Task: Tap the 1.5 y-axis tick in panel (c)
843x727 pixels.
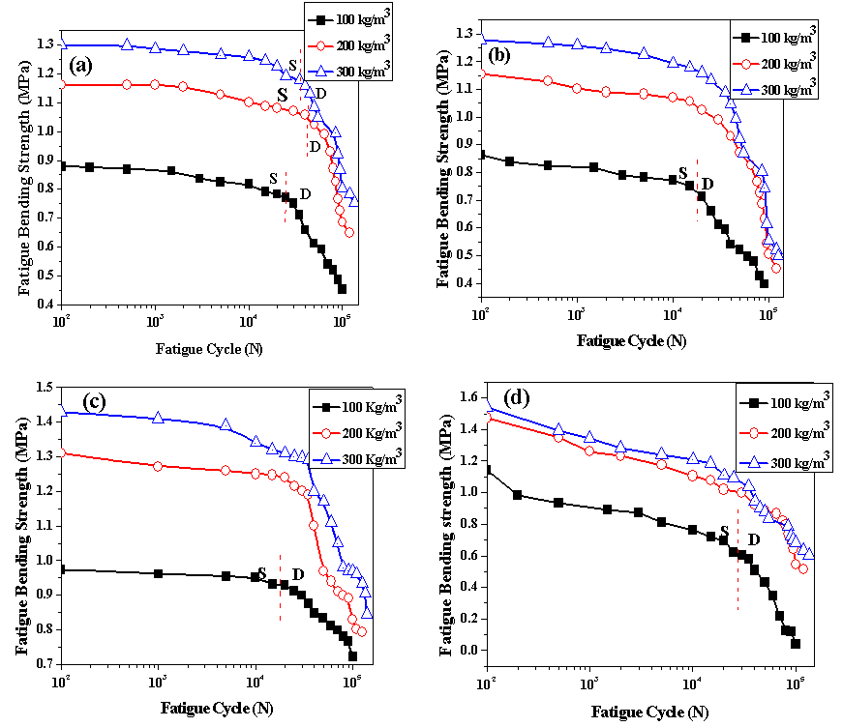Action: click(x=44, y=387)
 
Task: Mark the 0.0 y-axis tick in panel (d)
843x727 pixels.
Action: click(x=470, y=650)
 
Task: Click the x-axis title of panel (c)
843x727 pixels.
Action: click(x=216, y=708)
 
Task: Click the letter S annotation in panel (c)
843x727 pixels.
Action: click(x=261, y=573)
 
